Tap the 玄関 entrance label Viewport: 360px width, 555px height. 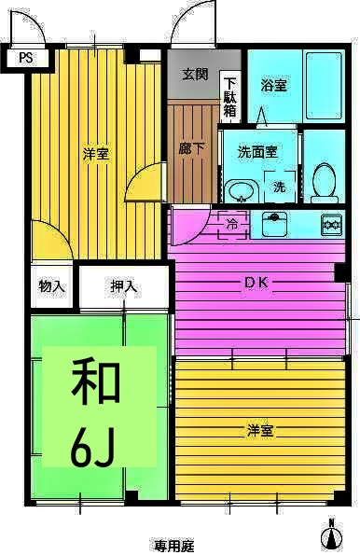pos(195,75)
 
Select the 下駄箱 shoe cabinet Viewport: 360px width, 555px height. pos(230,96)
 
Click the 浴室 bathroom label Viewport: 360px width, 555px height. pos(273,86)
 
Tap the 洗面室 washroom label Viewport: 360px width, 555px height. pos(257,150)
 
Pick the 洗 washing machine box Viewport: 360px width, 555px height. pos(279,187)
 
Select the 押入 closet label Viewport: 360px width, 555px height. pos(124,286)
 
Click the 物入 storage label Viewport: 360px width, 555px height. pos(52,286)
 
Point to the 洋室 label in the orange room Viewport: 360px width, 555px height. pos(260,430)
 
